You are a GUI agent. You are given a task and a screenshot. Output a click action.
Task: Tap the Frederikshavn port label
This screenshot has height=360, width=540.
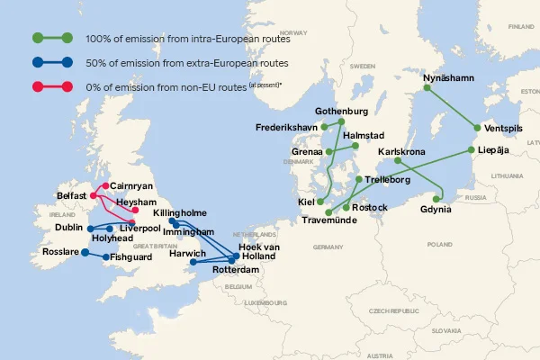tap(286, 127)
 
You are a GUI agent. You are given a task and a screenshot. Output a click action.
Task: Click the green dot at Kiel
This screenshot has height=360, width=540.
tap(321, 202)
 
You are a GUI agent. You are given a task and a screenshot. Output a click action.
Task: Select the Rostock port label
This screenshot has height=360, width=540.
tap(370, 208)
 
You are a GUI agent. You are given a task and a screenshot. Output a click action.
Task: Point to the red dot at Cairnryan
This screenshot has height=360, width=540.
tap(105, 185)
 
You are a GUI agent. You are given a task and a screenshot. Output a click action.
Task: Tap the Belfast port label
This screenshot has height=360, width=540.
tap(71, 195)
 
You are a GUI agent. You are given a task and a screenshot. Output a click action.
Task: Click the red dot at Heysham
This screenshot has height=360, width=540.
tap(136, 210)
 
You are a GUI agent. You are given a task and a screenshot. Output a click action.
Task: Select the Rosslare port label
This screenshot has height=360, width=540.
tap(60, 253)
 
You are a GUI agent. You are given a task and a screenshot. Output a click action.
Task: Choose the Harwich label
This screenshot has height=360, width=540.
tap(187, 254)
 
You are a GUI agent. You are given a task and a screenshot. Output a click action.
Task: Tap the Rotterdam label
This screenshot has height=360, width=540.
tap(236, 269)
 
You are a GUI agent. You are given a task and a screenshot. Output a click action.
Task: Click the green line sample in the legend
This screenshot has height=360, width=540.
tap(52, 39)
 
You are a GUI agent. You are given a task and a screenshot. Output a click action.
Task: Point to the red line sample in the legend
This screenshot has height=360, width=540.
tap(52, 87)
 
